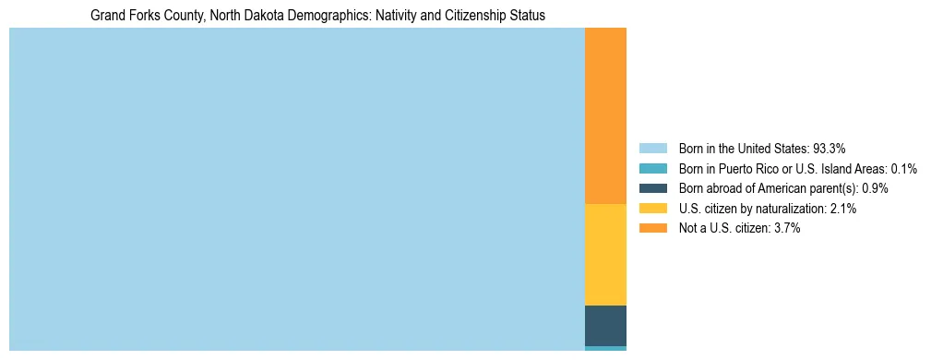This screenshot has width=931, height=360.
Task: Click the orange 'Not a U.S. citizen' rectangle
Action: pos(605,115)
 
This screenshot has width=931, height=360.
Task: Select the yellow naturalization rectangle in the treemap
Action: pos(605,254)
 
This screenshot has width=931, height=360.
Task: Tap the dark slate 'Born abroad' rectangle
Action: pos(605,325)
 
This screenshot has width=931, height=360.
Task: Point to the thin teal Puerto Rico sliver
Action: pos(605,348)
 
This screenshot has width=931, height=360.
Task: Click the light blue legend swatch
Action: pos(652,149)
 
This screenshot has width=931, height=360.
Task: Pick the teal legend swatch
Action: pos(652,169)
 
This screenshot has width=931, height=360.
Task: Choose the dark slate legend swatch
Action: pos(652,188)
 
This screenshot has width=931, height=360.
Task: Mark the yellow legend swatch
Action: pos(652,209)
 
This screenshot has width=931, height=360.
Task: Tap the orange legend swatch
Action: pos(652,228)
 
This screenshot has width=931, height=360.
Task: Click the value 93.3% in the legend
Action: pos(829,149)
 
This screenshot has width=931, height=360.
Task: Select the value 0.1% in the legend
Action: pos(903,169)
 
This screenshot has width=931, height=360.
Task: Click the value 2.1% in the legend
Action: pos(842,209)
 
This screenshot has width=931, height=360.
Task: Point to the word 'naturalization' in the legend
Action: pos(791,209)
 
